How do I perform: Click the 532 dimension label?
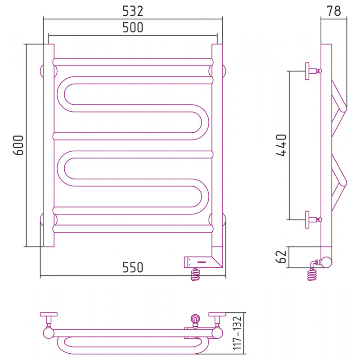click(x=133, y=11)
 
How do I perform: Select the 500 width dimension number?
click(x=133, y=27)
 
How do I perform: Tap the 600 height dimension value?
click(x=18, y=145)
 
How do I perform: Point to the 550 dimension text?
click(x=133, y=267)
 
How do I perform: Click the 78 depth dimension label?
click(x=334, y=11)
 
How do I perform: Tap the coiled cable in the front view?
click(x=195, y=274)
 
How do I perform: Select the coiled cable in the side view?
click(x=312, y=274)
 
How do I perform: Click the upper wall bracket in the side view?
click(x=313, y=71)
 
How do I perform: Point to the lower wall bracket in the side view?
click(x=313, y=220)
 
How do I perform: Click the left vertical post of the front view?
click(x=49, y=145)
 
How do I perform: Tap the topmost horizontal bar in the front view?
click(x=133, y=62)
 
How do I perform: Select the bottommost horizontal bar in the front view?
click(x=133, y=229)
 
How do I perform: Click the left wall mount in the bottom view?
click(x=49, y=319)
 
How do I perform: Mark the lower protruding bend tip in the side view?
click(x=344, y=183)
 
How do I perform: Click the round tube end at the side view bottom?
click(x=326, y=262)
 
